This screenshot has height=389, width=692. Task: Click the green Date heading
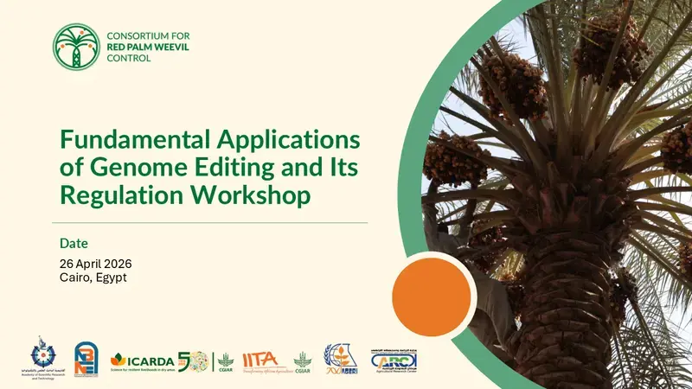[74, 243]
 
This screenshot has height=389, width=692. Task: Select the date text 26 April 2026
[96, 263]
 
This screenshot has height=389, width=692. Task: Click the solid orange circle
[431, 295]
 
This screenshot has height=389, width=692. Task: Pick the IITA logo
[261, 360]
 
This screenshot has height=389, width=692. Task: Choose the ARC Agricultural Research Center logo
[395, 360]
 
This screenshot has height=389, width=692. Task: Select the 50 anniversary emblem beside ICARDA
[193, 360]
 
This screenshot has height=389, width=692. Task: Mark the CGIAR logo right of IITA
[302, 360]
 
